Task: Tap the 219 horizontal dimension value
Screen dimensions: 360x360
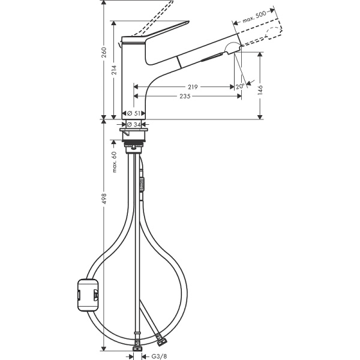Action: [x=192, y=86]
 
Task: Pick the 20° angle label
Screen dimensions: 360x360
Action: [x=240, y=86]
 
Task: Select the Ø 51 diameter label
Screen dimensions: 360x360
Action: [x=135, y=113]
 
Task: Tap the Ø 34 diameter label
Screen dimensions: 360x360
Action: [x=134, y=124]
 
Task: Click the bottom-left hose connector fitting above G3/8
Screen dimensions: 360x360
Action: [x=137, y=344]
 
